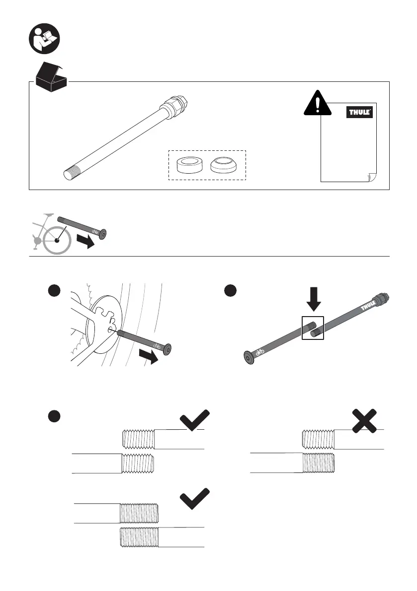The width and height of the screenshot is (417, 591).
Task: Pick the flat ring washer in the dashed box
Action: click(x=189, y=164)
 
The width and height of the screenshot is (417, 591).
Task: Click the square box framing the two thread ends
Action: click(x=313, y=328)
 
